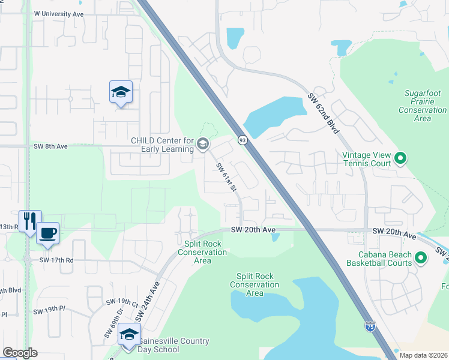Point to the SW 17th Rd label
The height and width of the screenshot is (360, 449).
(x=56, y=260)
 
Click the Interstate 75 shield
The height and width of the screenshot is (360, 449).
(x=370, y=326)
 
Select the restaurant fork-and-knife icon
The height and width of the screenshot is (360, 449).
(x=28, y=220)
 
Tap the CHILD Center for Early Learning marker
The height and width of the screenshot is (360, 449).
(x=202, y=143)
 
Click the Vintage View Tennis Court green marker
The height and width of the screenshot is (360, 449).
(x=400, y=159)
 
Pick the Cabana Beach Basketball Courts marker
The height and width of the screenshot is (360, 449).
(x=421, y=259)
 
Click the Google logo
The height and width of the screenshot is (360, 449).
(x=20, y=353)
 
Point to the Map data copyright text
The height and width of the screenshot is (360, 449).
(x=423, y=355)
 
